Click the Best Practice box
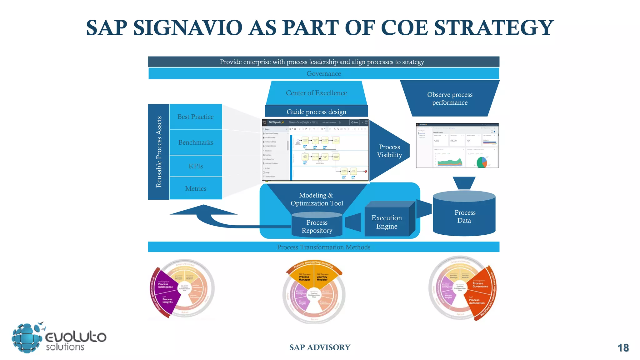pyautogui.click(x=196, y=117)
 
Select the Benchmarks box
pyautogui.click(x=196, y=142)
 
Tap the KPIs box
pyautogui.click(x=196, y=166)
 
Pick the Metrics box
pyautogui.click(x=196, y=188)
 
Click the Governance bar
pyautogui.click(x=323, y=73)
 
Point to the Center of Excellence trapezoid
pyautogui.click(x=316, y=93)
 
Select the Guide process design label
pyautogui.click(x=316, y=112)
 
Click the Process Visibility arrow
pyautogui.click(x=389, y=151)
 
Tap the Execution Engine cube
pyautogui.click(x=387, y=222)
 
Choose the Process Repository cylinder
pyautogui.click(x=317, y=226)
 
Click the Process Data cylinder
pyautogui.click(x=464, y=216)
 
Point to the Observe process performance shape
pyautogui.click(x=450, y=98)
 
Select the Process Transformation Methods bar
pyautogui.click(x=323, y=247)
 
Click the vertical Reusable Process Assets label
pyautogui.click(x=159, y=152)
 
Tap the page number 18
pyautogui.click(x=623, y=348)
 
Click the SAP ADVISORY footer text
pyautogui.click(x=320, y=347)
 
